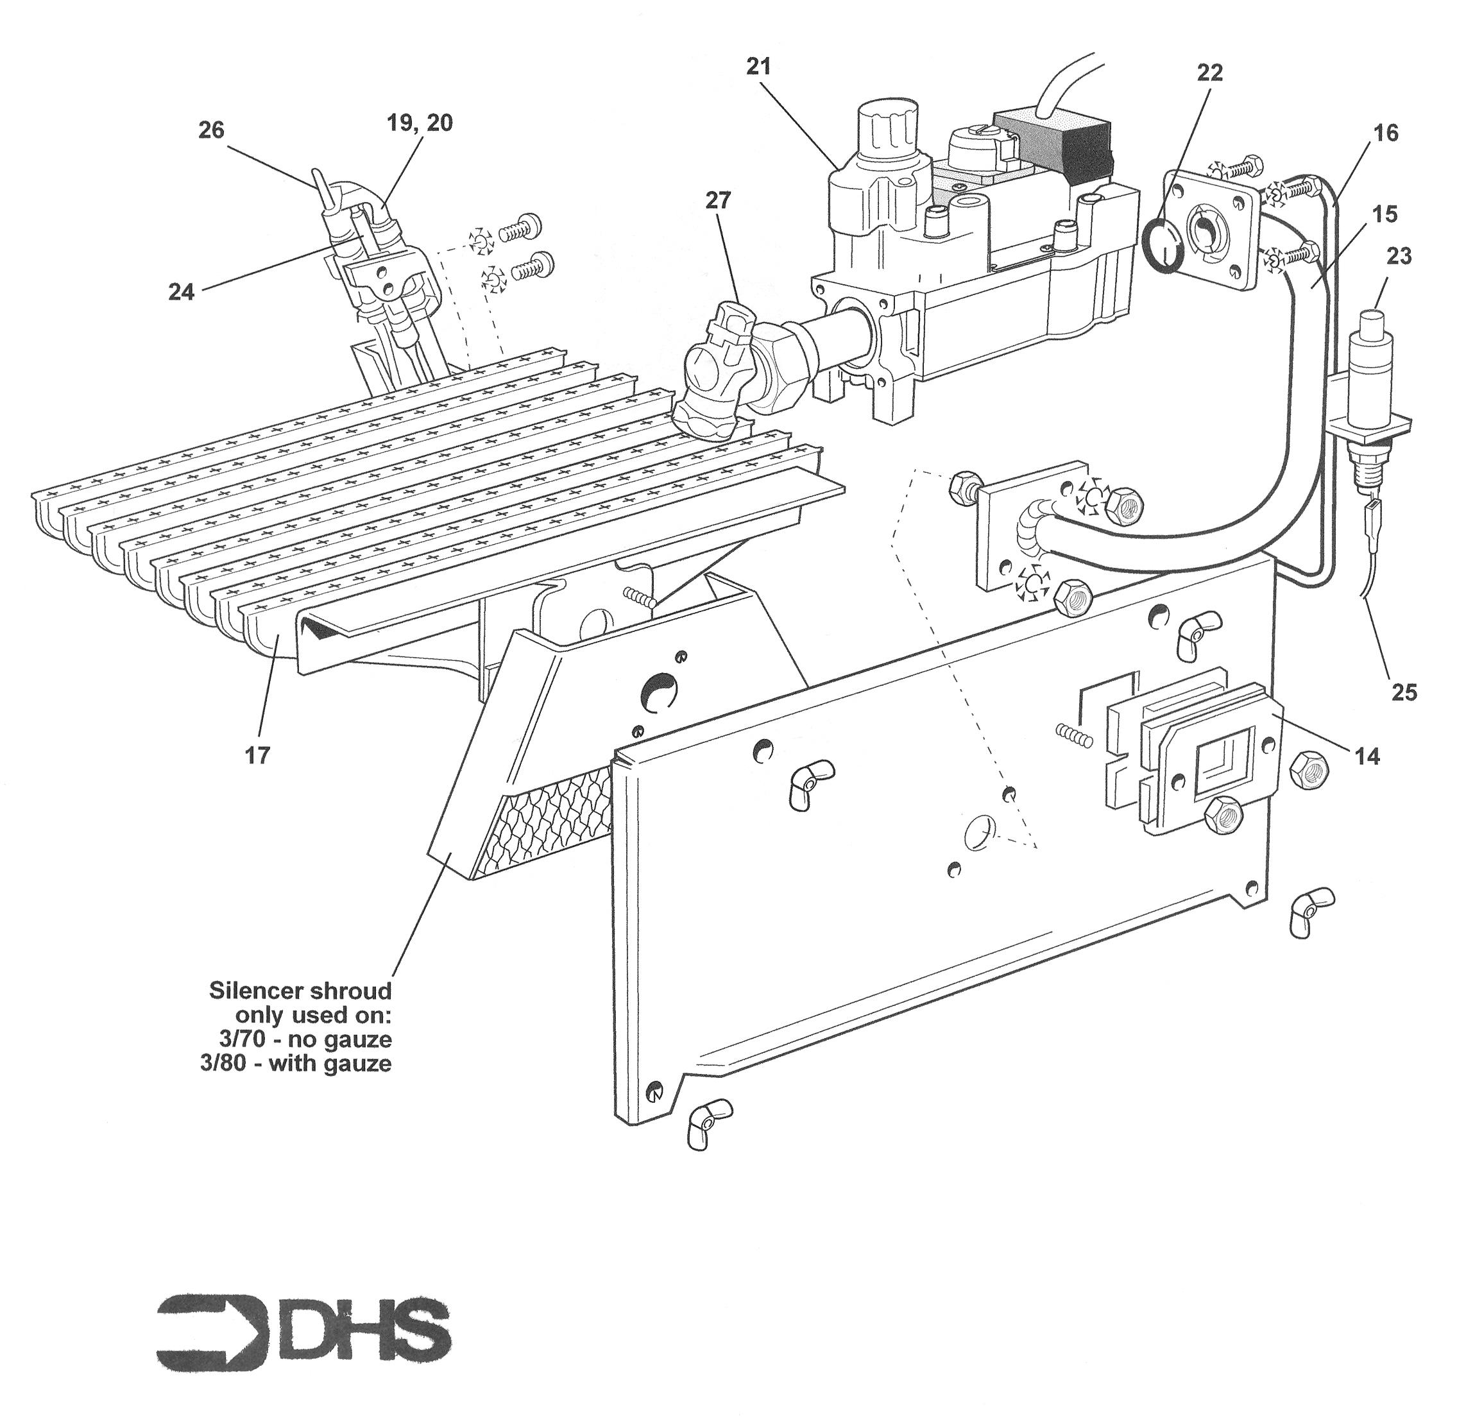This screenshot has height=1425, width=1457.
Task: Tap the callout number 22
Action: (1209, 73)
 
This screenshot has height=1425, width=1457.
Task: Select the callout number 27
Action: (718, 201)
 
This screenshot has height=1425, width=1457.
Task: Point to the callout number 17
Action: (257, 755)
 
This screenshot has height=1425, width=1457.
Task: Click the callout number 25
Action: (1404, 692)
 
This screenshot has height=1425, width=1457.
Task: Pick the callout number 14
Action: (1367, 756)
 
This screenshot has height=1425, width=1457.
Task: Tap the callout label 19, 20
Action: (420, 123)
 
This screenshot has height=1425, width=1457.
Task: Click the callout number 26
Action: (211, 130)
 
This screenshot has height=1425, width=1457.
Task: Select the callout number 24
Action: (181, 292)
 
